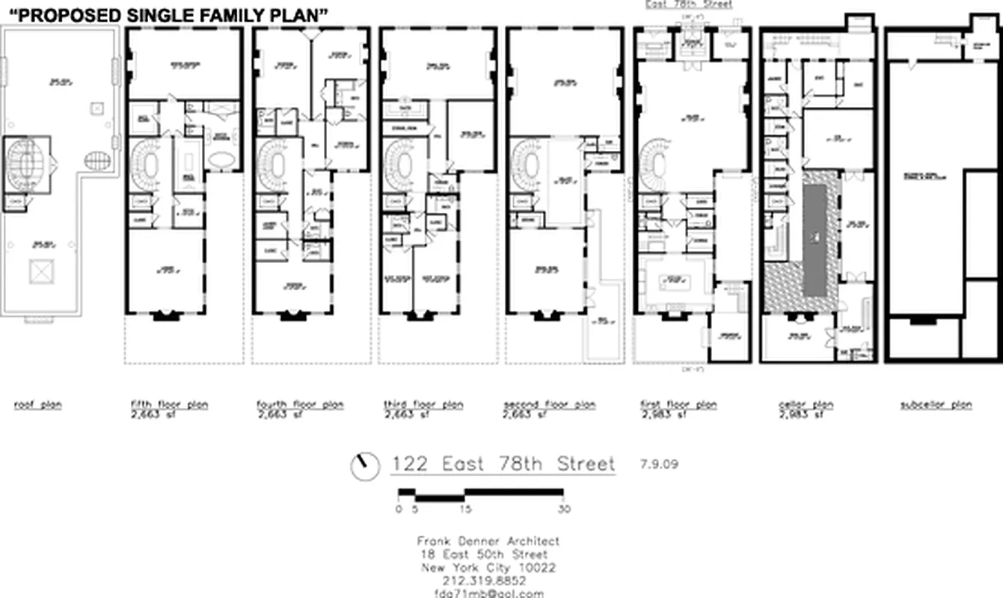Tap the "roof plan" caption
(38, 405)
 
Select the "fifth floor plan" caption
(169, 405)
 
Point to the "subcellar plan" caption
(936, 405)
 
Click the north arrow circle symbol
(364, 466)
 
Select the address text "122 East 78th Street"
(503, 464)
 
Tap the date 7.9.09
(659, 463)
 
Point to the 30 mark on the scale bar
(563, 509)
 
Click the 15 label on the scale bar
(465, 509)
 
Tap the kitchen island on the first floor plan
(675, 283)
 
